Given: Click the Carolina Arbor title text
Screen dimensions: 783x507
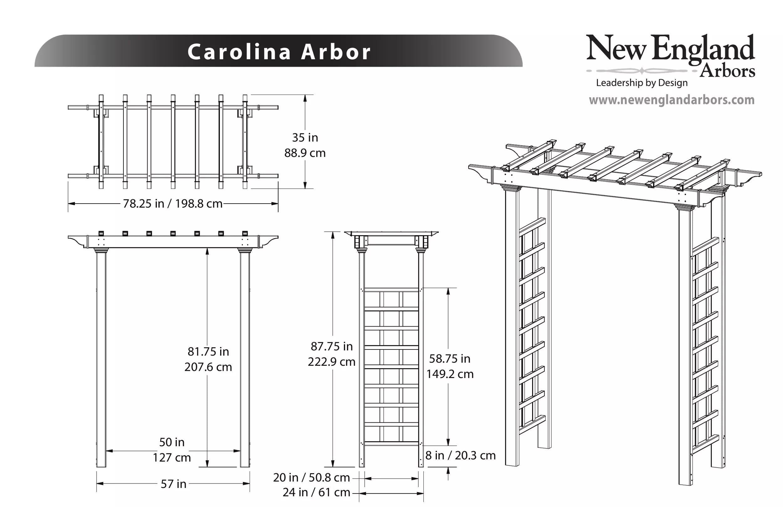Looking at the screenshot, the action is pyautogui.click(x=279, y=52).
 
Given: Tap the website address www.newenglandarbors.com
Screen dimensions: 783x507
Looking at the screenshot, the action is pyautogui.click(x=672, y=100).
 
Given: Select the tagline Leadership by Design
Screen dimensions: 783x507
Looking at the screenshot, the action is pyautogui.click(x=642, y=83).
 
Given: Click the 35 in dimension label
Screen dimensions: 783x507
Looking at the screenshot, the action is pyautogui.click(x=305, y=137).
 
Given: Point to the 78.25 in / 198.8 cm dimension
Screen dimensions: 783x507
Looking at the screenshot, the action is pyautogui.click(x=173, y=204).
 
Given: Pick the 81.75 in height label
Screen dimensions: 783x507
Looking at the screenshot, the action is pyautogui.click(x=208, y=352).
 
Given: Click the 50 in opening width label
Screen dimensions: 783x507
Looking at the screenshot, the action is pyautogui.click(x=172, y=442).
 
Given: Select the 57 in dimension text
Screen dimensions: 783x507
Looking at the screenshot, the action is pyautogui.click(x=174, y=484).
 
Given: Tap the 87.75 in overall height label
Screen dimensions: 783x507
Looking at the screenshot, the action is pyautogui.click(x=332, y=346).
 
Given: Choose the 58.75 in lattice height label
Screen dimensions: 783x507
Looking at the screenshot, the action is pyautogui.click(x=450, y=359).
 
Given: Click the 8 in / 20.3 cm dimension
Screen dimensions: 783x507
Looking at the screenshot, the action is pyautogui.click(x=461, y=455).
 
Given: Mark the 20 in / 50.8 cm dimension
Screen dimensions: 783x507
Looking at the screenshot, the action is pyautogui.click(x=311, y=477).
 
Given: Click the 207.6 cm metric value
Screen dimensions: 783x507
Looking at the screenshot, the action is pyautogui.click(x=208, y=367).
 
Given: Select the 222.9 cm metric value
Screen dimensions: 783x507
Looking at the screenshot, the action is pyautogui.click(x=332, y=362).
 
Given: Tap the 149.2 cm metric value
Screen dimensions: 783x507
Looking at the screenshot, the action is pyautogui.click(x=450, y=374).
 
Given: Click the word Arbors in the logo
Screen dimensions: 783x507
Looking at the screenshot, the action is pyautogui.click(x=727, y=71).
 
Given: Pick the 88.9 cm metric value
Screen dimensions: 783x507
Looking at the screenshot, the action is pyautogui.click(x=305, y=153).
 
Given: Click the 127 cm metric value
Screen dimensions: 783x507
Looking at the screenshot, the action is pyautogui.click(x=172, y=458).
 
